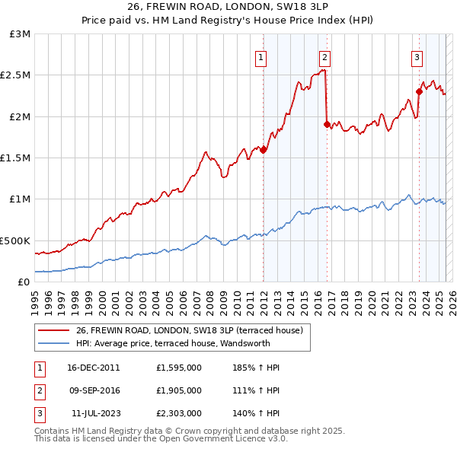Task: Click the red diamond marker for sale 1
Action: (264, 150)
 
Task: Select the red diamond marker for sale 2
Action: (327, 124)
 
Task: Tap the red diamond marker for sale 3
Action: (419, 92)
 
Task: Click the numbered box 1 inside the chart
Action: (260, 59)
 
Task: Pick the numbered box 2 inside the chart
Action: (324, 59)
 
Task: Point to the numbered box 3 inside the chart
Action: (417, 59)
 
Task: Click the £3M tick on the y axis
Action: (20, 34)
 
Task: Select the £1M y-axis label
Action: (20, 199)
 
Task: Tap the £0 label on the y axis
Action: (24, 282)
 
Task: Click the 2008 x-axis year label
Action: (210, 304)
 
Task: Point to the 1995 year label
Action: (35, 304)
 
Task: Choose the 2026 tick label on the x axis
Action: (452, 304)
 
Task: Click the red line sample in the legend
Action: (53, 330)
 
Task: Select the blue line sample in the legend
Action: (53, 343)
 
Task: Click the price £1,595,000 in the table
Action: (179, 368)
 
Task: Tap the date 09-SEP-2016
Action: (94, 390)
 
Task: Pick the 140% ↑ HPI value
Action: (256, 413)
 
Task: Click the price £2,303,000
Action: (179, 413)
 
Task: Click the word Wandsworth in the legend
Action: (245, 343)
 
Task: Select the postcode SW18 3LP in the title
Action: (302, 6)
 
